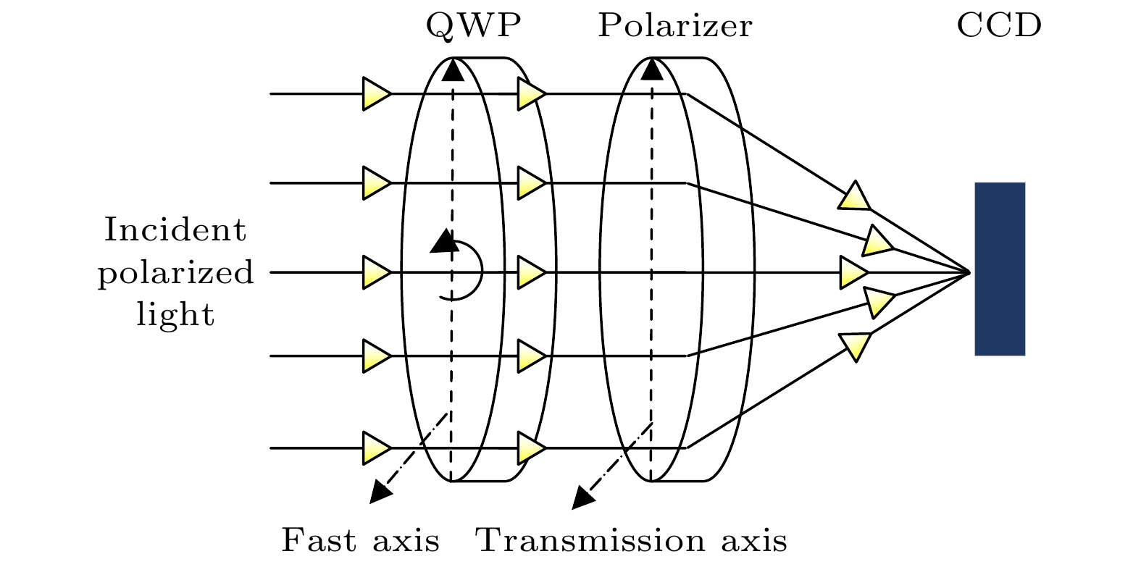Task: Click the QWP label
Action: click(x=473, y=27)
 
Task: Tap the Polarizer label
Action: click(x=674, y=27)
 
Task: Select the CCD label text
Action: click(x=999, y=27)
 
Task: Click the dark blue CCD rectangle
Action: click(x=1000, y=269)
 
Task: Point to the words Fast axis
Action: click(x=360, y=540)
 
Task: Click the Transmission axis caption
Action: click(x=631, y=540)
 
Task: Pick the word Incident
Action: click(x=175, y=230)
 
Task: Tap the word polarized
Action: click(x=176, y=273)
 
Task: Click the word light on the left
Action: click(x=176, y=314)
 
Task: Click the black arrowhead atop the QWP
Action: click(x=453, y=69)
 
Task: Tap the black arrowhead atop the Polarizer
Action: click(x=652, y=69)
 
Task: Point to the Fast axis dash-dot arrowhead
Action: click(x=380, y=492)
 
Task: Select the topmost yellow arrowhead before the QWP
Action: click(x=376, y=94)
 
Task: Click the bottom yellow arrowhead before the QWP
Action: click(x=376, y=448)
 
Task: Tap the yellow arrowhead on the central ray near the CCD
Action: click(x=853, y=273)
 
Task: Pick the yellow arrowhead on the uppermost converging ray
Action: click(x=855, y=196)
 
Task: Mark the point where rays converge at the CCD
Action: click(x=969, y=273)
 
